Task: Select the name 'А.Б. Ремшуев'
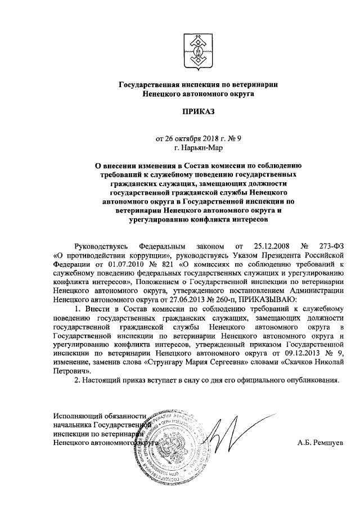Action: tap(319, 443)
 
